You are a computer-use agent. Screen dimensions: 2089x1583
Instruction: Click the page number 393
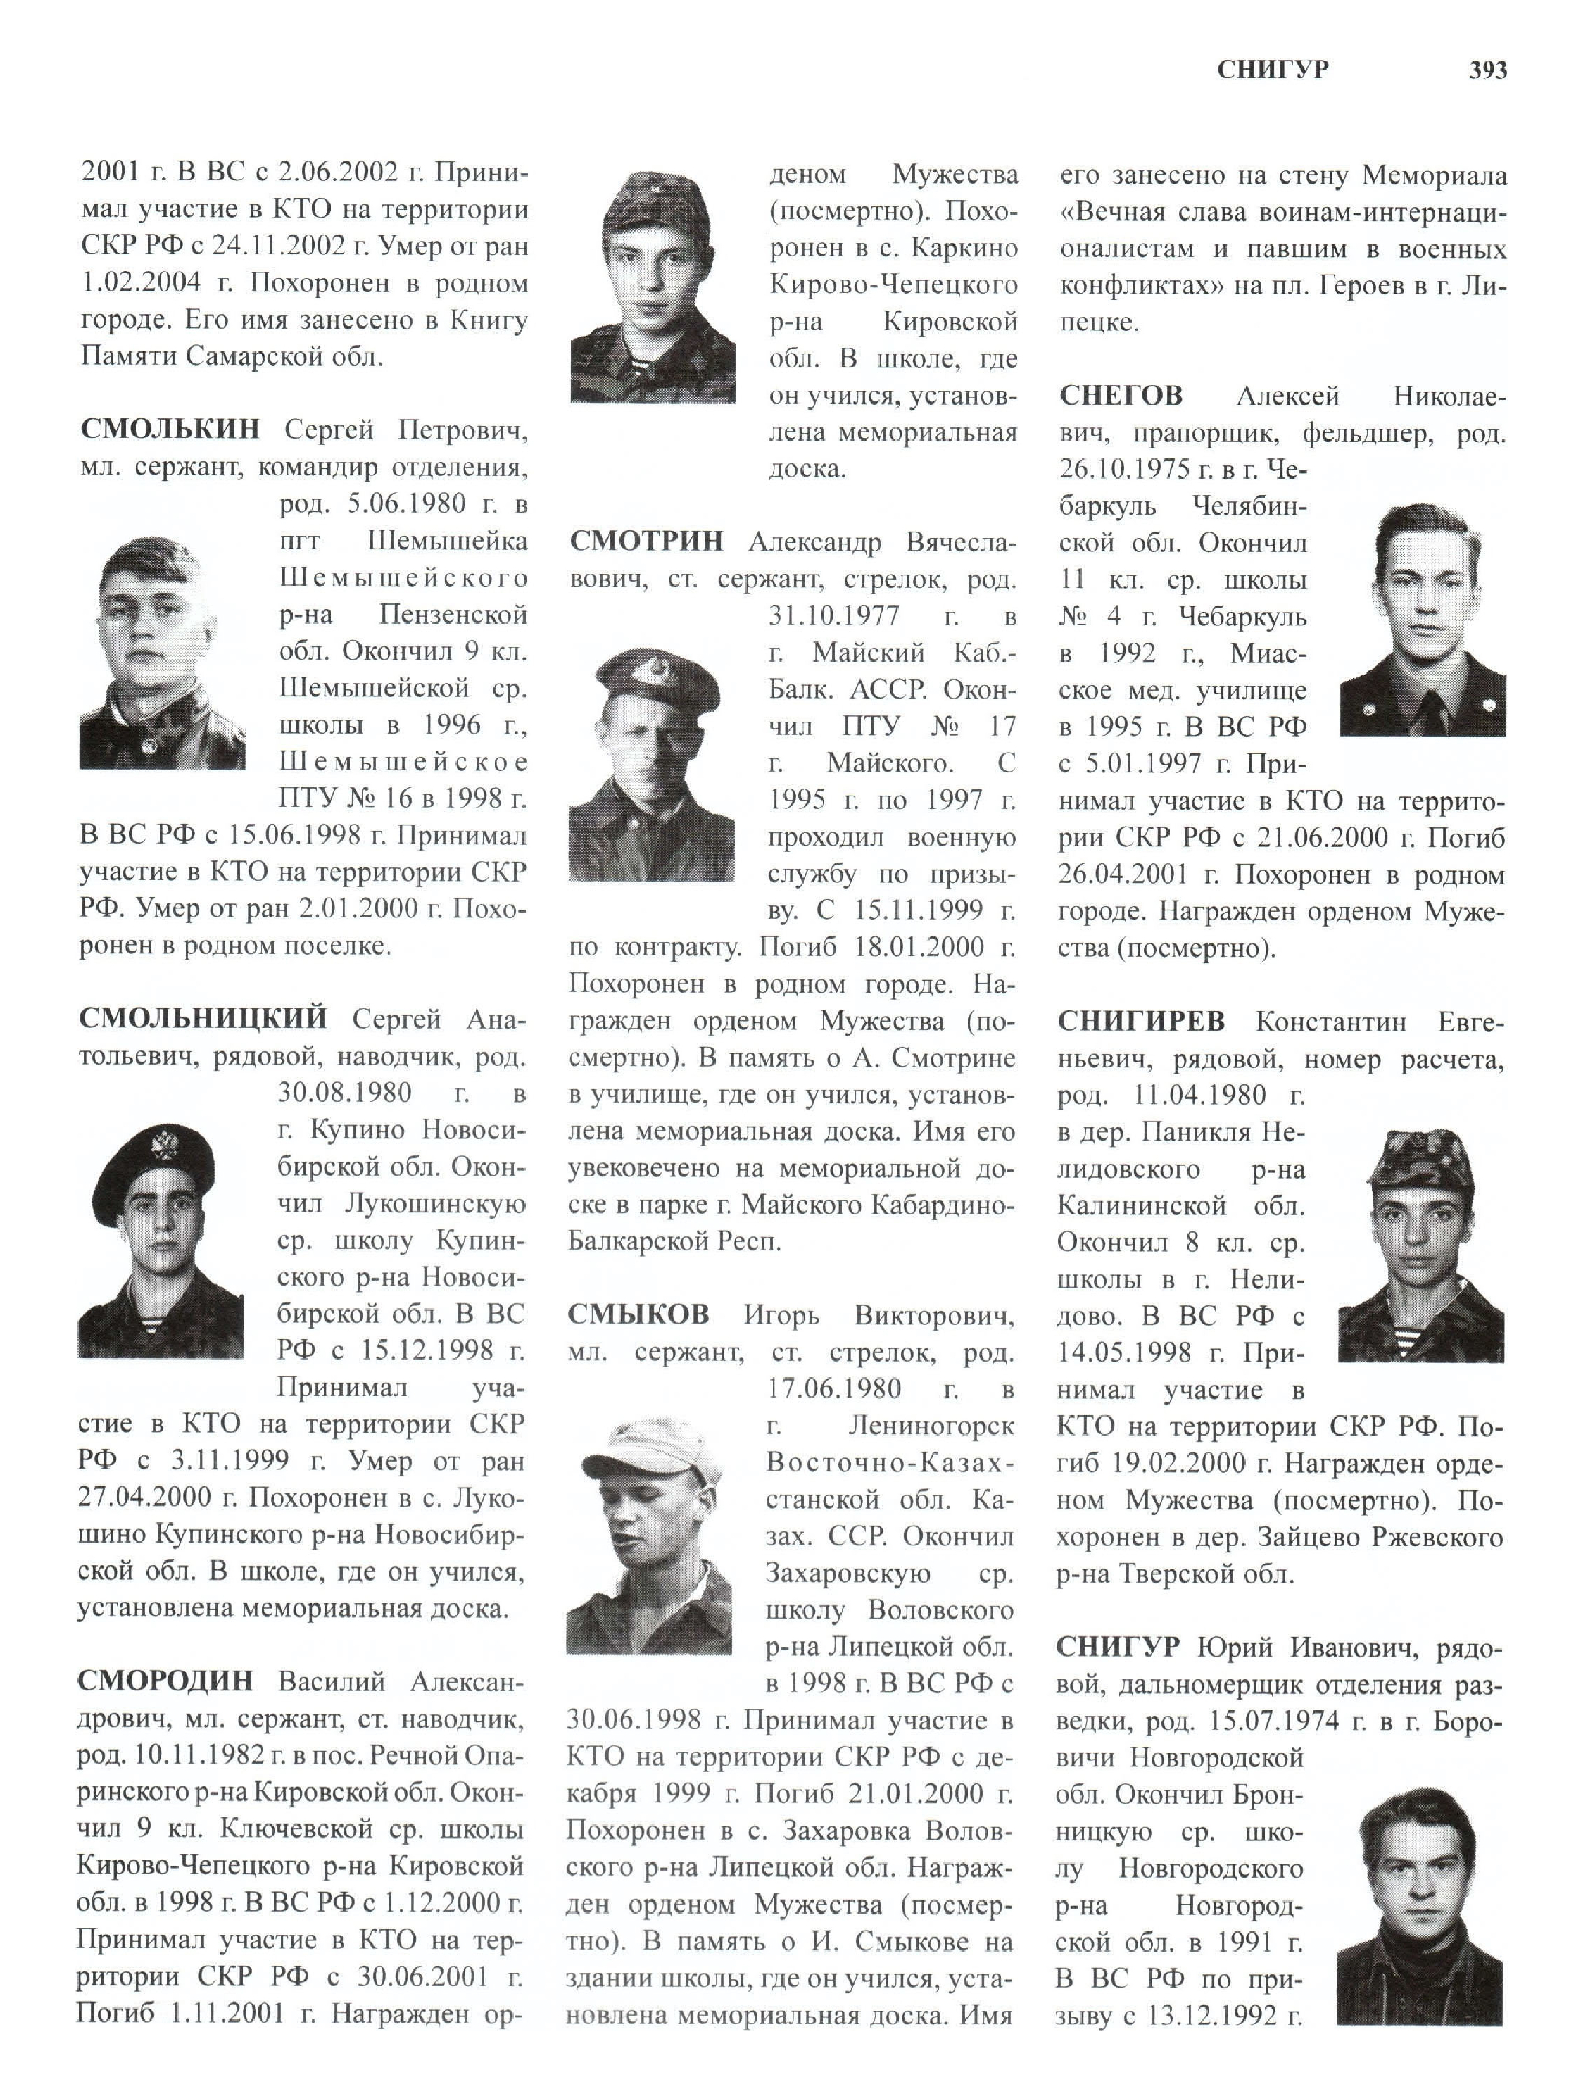(1487, 70)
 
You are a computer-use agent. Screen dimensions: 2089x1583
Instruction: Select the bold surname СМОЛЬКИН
(170, 430)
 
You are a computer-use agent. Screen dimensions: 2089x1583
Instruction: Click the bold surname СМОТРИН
(647, 541)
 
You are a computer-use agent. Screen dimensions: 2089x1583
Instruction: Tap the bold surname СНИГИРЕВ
(1141, 1021)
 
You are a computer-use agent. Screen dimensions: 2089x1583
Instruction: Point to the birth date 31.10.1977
(834, 616)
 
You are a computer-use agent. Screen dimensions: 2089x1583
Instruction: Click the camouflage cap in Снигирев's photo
(1420, 1160)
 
